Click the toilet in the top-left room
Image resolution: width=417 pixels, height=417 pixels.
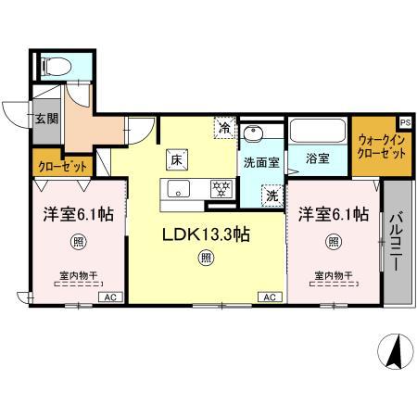click(56, 66)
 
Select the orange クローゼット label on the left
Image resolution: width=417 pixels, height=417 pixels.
click(63, 166)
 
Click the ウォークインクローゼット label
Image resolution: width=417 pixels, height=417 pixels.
click(382, 146)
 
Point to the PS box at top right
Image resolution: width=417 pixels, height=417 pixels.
click(405, 120)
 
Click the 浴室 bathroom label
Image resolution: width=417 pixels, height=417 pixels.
click(317, 158)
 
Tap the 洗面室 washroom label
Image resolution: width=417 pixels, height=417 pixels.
click(260, 161)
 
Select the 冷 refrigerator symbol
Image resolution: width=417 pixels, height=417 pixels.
click(225, 128)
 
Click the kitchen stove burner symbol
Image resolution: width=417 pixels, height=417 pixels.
click(221, 188)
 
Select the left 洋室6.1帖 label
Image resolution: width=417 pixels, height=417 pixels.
click(79, 214)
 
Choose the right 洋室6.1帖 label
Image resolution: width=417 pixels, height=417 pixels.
click(332, 214)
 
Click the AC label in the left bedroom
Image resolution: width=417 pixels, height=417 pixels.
click(108, 297)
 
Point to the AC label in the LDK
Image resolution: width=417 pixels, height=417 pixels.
click(269, 297)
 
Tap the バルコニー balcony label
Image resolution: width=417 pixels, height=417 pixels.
click(396, 239)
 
